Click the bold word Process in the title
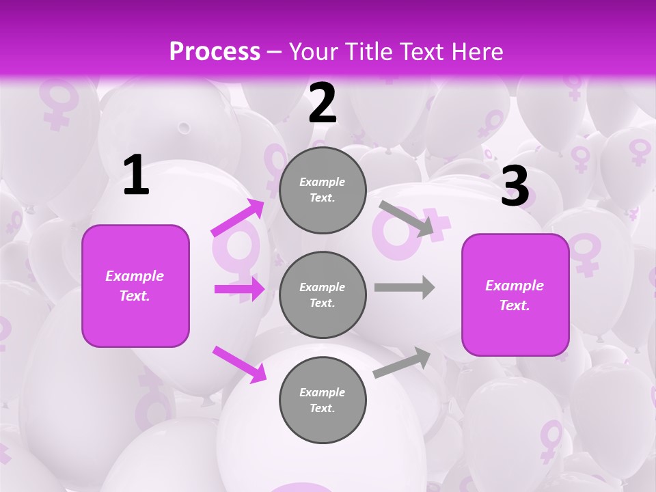point(215,52)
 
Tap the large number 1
point(136,176)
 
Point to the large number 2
point(323,103)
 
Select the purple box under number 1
point(135,286)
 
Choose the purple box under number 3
point(515,295)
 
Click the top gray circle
point(323,190)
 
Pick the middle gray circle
point(323,295)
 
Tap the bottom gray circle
point(323,400)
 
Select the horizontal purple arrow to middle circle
point(239,289)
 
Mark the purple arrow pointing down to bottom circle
point(239,364)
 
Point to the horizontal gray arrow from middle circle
point(405,287)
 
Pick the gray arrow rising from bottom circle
point(402,363)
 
